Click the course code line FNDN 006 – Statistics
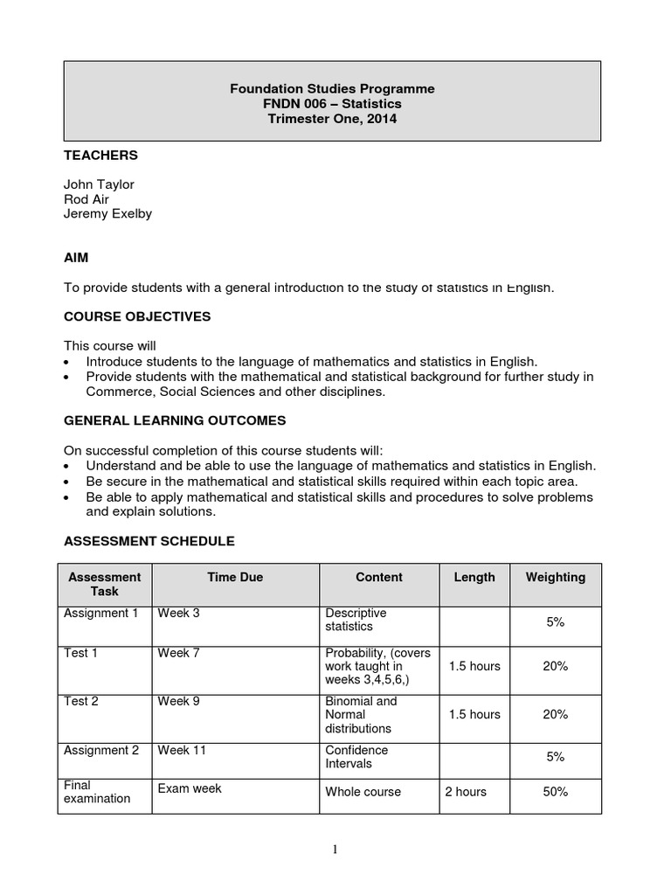(x=332, y=104)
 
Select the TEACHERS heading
(x=100, y=156)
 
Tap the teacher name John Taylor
(x=99, y=184)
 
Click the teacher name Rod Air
(x=86, y=199)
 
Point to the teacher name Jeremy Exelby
(x=107, y=213)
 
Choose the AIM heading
(x=76, y=258)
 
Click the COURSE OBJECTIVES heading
(x=137, y=316)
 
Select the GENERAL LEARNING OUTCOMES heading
(x=175, y=420)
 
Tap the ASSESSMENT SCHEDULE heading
(x=149, y=541)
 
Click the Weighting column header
(x=555, y=578)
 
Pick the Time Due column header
(x=235, y=578)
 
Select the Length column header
(x=474, y=578)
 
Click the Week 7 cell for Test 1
(x=178, y=654)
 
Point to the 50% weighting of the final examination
(x=555, y=792)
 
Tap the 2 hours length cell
(x=466, y=792)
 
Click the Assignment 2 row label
(x=101, y=750)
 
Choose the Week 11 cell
(x=182, y=750)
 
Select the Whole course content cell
(x=363, y=792)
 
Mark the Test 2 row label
(x=81, y=701)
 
